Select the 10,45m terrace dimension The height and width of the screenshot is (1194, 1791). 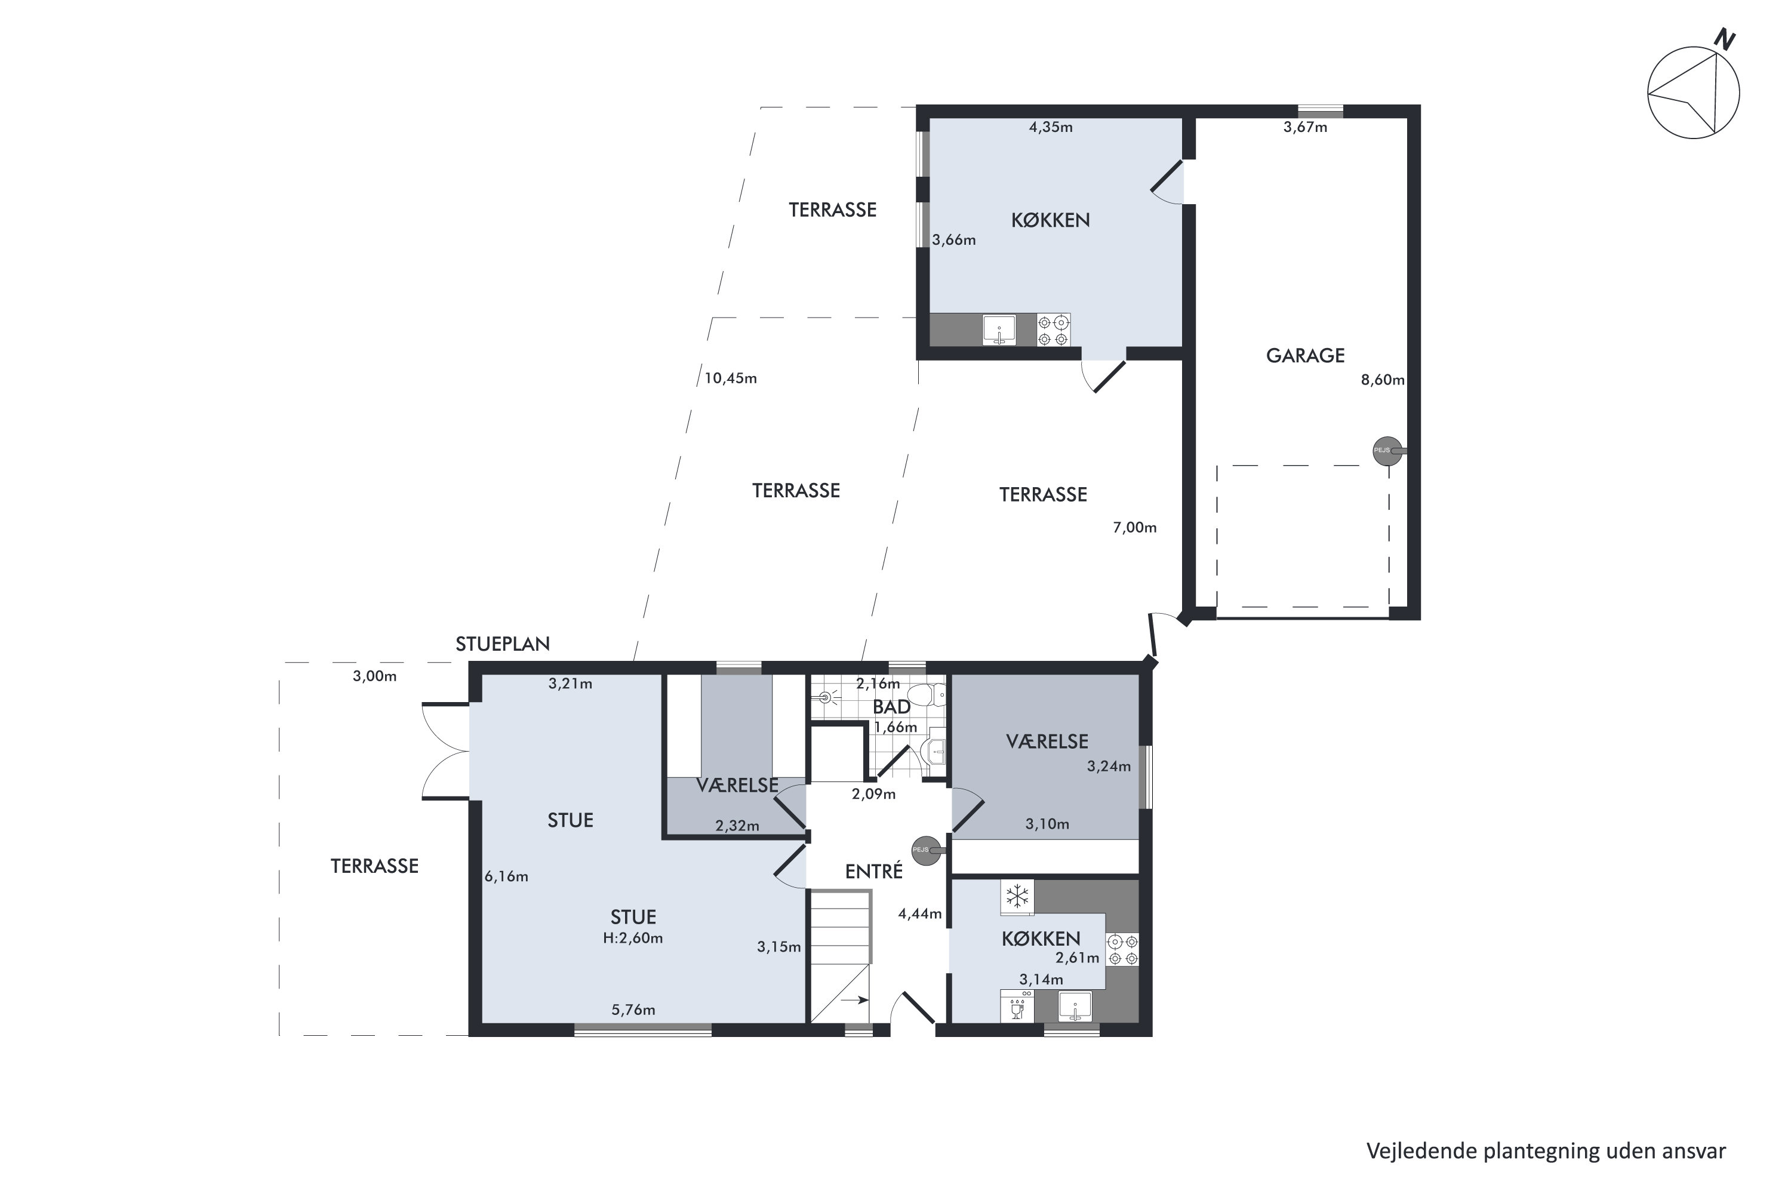coord(730,378)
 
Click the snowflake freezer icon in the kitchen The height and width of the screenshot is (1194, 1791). coord(1017,896)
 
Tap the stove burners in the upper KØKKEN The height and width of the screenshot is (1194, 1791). coord(1053,331)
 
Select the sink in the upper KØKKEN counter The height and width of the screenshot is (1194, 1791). coord(998,331)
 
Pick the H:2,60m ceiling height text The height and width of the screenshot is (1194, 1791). coord(632,938)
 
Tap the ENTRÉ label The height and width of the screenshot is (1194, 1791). coord(873,872)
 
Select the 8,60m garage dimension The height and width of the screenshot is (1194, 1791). coord(1382,380)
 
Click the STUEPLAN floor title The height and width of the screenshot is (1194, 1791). coord(502,644)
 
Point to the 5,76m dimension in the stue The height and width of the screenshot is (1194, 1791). coord(633,1010)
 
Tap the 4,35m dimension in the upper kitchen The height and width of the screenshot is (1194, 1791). coord(1050,127)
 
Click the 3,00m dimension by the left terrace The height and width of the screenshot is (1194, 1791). coord(374,676)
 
